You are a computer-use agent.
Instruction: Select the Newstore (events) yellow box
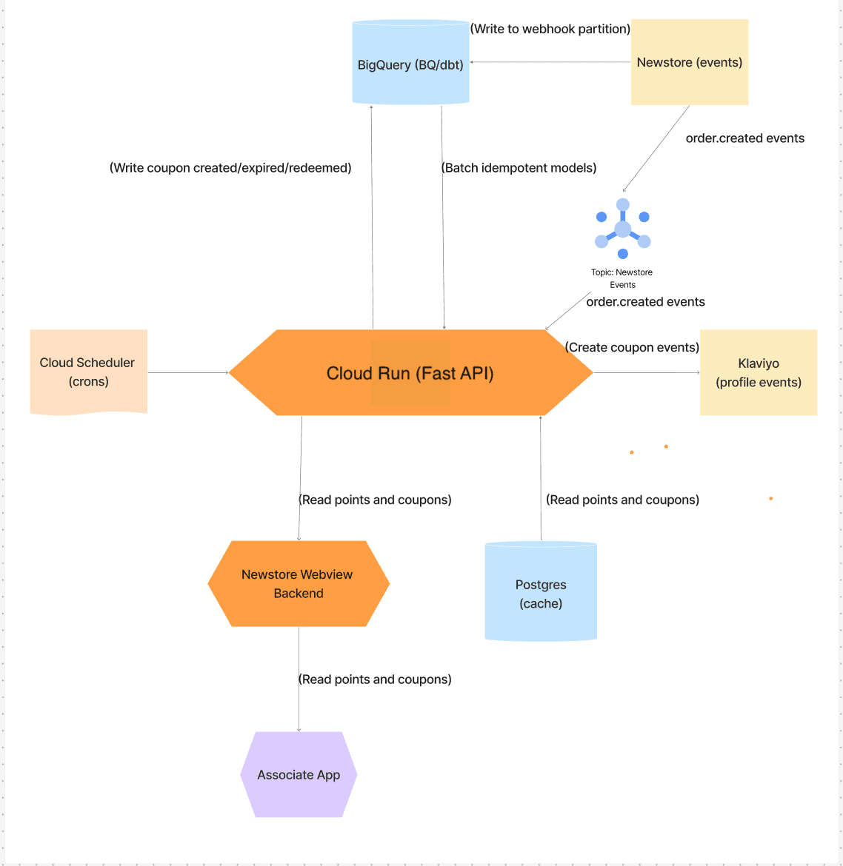click(689, 62)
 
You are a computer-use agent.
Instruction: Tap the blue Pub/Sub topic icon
click(623, 228)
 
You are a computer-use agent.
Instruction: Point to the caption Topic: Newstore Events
click(622, 278)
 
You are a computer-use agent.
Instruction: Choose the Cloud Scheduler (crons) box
click(88, 372)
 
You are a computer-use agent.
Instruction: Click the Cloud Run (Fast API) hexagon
click(410, 373)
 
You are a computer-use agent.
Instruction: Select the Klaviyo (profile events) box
click(759, 372)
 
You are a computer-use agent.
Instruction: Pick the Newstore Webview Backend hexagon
click(299, 584)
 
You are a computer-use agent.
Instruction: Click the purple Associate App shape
click(299, 775)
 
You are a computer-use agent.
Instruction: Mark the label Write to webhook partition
click(550, 29)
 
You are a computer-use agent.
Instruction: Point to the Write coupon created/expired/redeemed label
click(230, 168)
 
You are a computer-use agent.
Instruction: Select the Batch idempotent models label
click(519, 168)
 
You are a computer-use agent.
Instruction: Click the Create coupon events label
click(632, 347)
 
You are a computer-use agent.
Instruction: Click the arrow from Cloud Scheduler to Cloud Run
click(188, 372)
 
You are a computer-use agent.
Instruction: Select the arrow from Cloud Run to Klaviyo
click(646, 372)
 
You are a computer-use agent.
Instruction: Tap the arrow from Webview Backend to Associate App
click(299, 703)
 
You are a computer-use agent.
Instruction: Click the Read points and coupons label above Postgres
click(622, 500)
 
